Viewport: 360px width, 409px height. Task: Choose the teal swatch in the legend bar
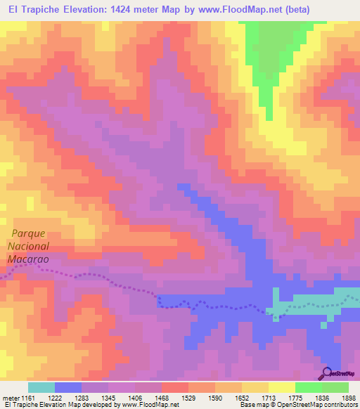(x=41, y=387)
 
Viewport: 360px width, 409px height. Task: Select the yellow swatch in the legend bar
(x=281, y=387)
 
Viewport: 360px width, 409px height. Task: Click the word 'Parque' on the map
(x=28, y=233)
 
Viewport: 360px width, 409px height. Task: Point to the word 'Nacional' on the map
(x=29, y=246)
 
